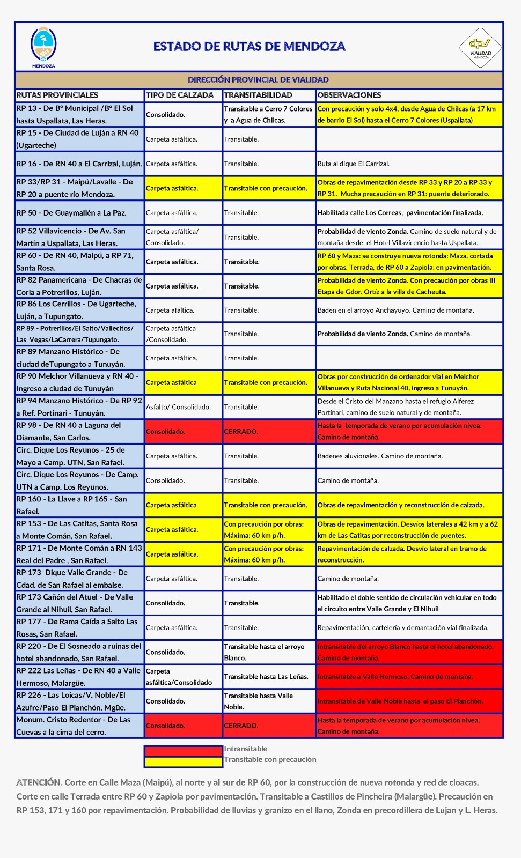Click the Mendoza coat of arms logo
tap(43, 46)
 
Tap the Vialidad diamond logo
tap(480, 48)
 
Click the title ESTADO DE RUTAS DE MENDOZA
tap(249, 47)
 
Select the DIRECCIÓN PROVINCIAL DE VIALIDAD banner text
tap(258, 80)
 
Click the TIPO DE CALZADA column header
tap(180, 95)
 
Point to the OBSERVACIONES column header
tap(349, 95)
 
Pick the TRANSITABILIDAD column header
tap(258, 95)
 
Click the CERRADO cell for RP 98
tap(241, 432)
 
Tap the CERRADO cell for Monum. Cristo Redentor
tap(241, 726)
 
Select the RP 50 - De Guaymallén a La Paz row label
tap(71, 213)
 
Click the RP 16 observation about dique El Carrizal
tap(353, 164)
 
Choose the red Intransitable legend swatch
tap(183, 751)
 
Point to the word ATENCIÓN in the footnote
tap(39, 782)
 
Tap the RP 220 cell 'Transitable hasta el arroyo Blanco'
tap(264, 652)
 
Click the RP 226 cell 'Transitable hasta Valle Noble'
tap(259, 701)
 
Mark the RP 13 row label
tap(75, 114)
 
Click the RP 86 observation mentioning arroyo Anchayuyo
tap(395, 310)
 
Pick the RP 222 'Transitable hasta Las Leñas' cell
tap(266, 677)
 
